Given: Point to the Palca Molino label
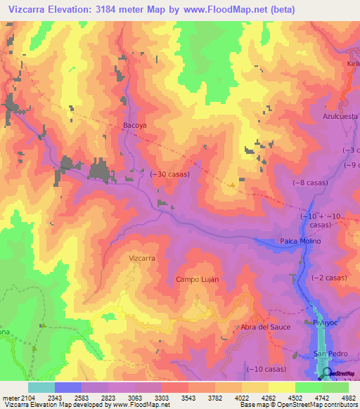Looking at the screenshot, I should pos(300,241).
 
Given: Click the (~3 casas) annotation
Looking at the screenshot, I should pos(349,151).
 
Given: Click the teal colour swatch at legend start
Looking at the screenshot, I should pos(41,387).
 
